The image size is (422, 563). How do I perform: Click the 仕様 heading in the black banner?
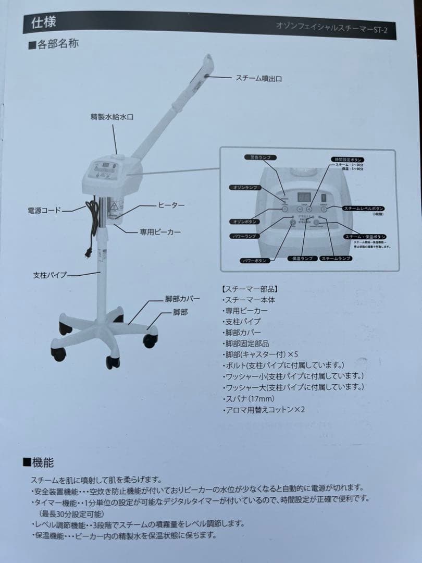coord(44,22)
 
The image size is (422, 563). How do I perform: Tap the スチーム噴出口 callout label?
coord(258,78)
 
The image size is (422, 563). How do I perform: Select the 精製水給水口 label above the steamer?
coord(112,117)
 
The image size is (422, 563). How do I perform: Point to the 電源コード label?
coord(44,211)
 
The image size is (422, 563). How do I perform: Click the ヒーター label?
coord(171,205)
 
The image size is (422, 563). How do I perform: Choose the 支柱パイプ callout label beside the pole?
coord(50,275)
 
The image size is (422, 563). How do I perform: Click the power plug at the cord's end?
coord(88,253)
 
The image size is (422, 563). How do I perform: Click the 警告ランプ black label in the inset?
coord(260,157)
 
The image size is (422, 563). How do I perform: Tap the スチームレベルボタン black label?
coord(364,208)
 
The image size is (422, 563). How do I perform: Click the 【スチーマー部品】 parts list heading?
coord(250,288)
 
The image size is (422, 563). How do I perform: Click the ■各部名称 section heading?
coord(53,45)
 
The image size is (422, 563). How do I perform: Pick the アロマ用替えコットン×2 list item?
coord(264,410)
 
